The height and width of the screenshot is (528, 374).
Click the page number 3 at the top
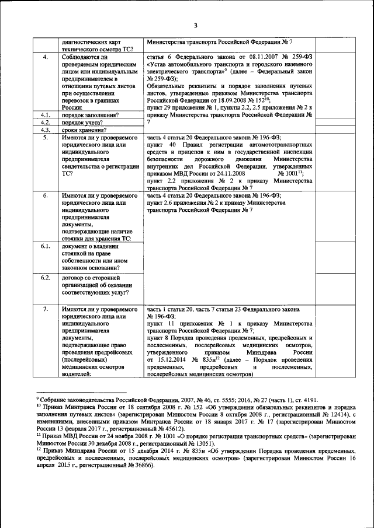pos(196,25)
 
